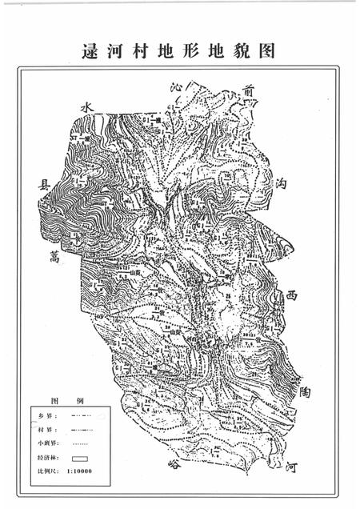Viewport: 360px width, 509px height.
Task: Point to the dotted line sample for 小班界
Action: (82, 443)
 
